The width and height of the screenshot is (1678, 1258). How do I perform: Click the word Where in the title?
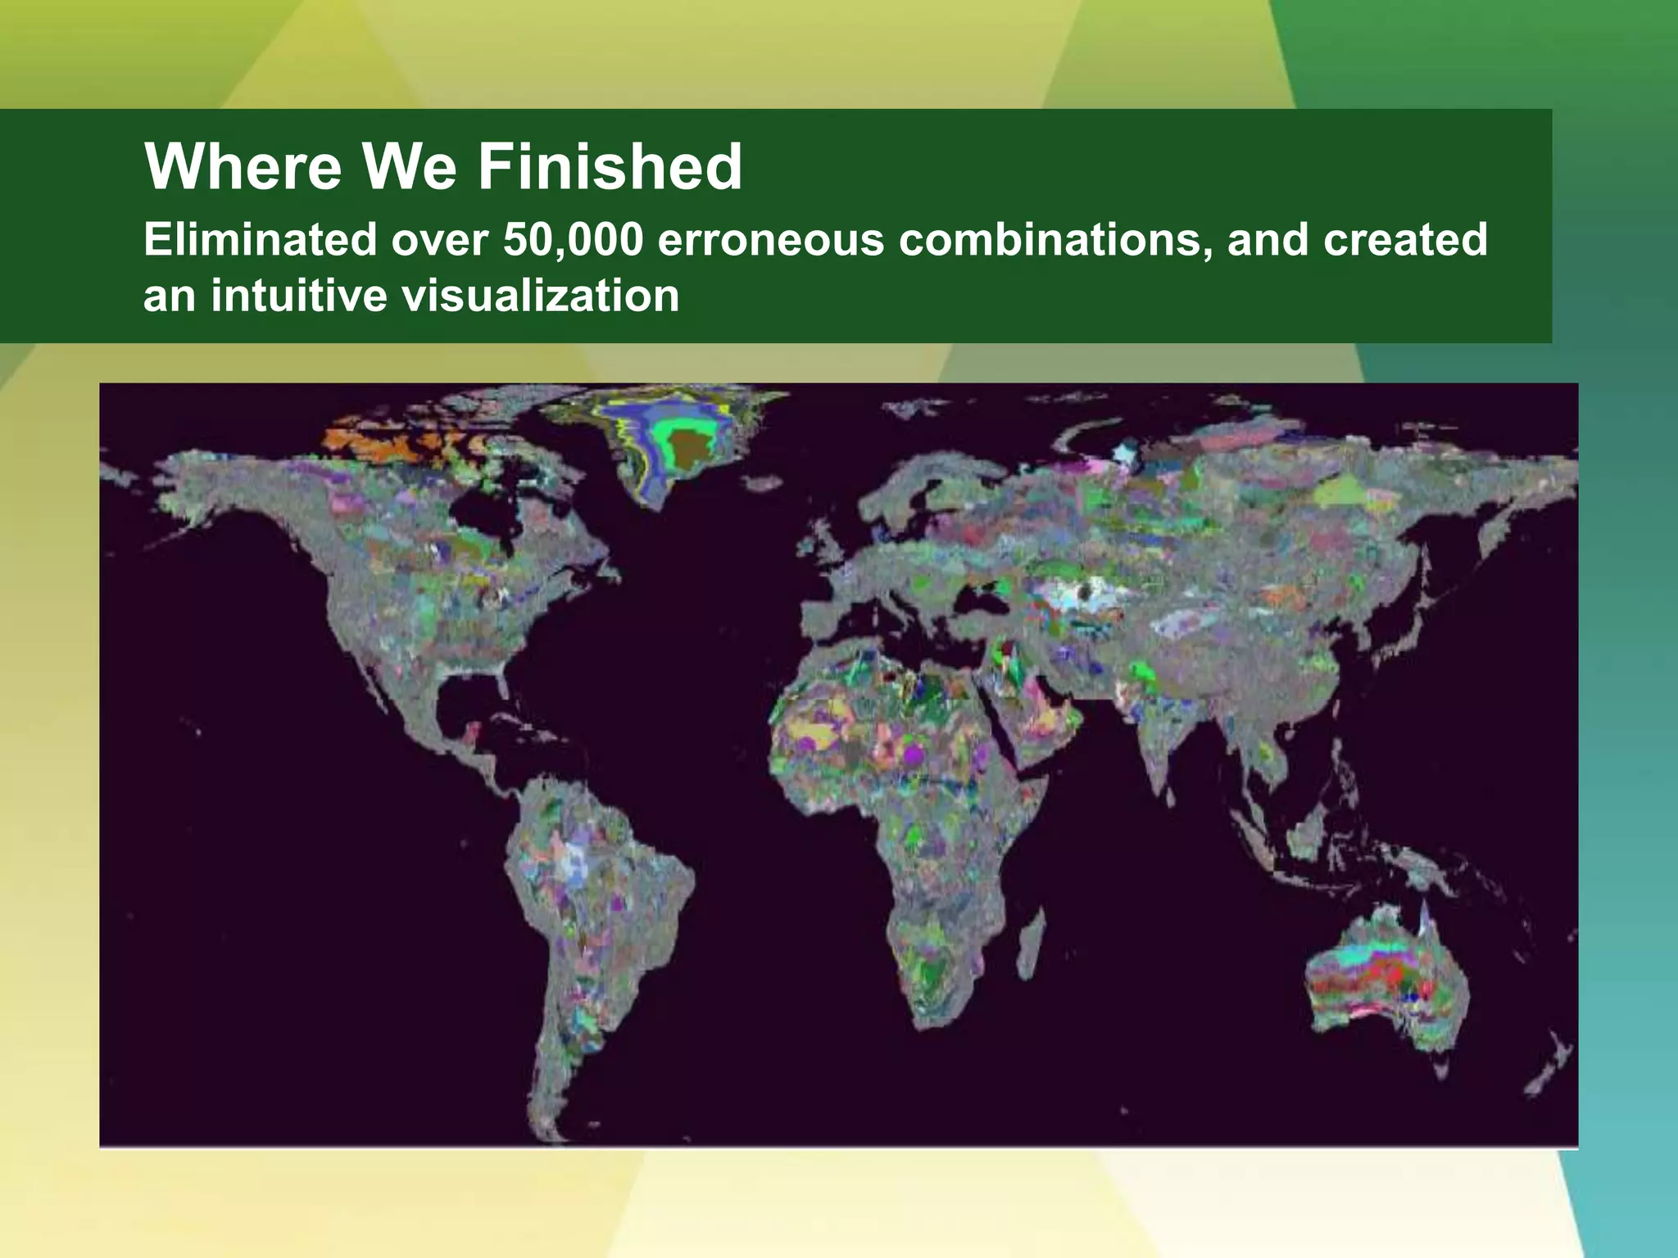click(243, 167)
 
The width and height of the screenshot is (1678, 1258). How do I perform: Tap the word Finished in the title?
click(610, 167)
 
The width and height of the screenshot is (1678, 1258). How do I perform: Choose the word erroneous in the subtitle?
click(769, 240)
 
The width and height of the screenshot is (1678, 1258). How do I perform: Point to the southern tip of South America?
click(557, 1130)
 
